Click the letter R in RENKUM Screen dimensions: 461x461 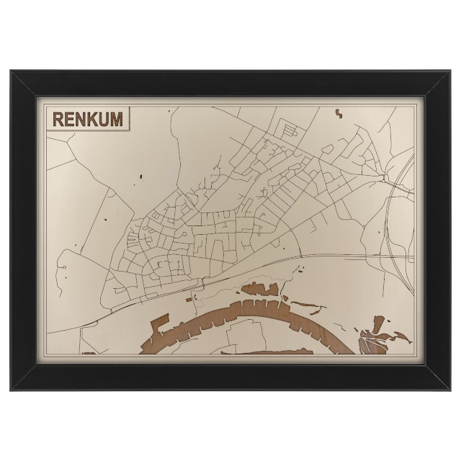[x=56, y=118]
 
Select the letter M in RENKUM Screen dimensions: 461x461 [x=116, y=118]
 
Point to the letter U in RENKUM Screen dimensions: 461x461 [x=104, y=118]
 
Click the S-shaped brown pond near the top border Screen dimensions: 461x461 [x=337, y=112]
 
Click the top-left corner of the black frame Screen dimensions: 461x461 [x=12, y=71]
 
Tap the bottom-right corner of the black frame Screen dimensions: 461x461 [x=450, y=390]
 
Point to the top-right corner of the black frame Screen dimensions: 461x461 [x=450, y=71]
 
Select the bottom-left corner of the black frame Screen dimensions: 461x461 [x=12, y=390]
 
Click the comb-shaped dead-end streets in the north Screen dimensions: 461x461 [x=290, y=131]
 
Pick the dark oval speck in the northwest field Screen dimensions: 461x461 [x=142, y=177]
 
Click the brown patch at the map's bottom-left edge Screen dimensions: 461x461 [x=89, y=353]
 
